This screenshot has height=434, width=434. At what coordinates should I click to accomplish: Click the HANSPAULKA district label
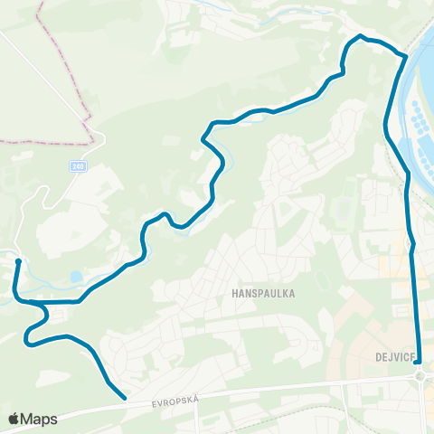click(264, 294)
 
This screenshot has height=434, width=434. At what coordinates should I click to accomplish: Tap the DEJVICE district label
click(394, 356)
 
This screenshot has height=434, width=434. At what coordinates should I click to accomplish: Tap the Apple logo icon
click(14, 418)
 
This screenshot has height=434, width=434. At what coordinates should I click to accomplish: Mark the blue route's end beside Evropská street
click(124, 396)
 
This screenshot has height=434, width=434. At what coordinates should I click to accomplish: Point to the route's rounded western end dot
click(18, 261)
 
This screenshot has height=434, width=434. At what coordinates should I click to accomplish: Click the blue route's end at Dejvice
click(418, 363)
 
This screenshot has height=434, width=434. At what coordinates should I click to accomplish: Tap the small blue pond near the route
click(75, 277)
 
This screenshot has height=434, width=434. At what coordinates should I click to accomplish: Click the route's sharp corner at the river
click(404, 56)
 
